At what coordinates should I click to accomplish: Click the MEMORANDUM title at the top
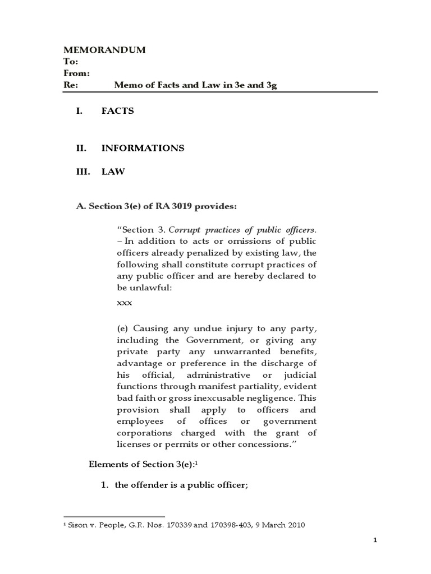point(105,50)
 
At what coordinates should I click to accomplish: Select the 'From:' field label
point(77,73)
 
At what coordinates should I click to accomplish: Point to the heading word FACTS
point(117,111)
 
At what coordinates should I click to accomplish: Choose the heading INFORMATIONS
point(143,148)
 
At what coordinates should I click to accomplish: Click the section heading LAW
point(113,172)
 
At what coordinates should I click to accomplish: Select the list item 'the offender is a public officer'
point(181,485)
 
